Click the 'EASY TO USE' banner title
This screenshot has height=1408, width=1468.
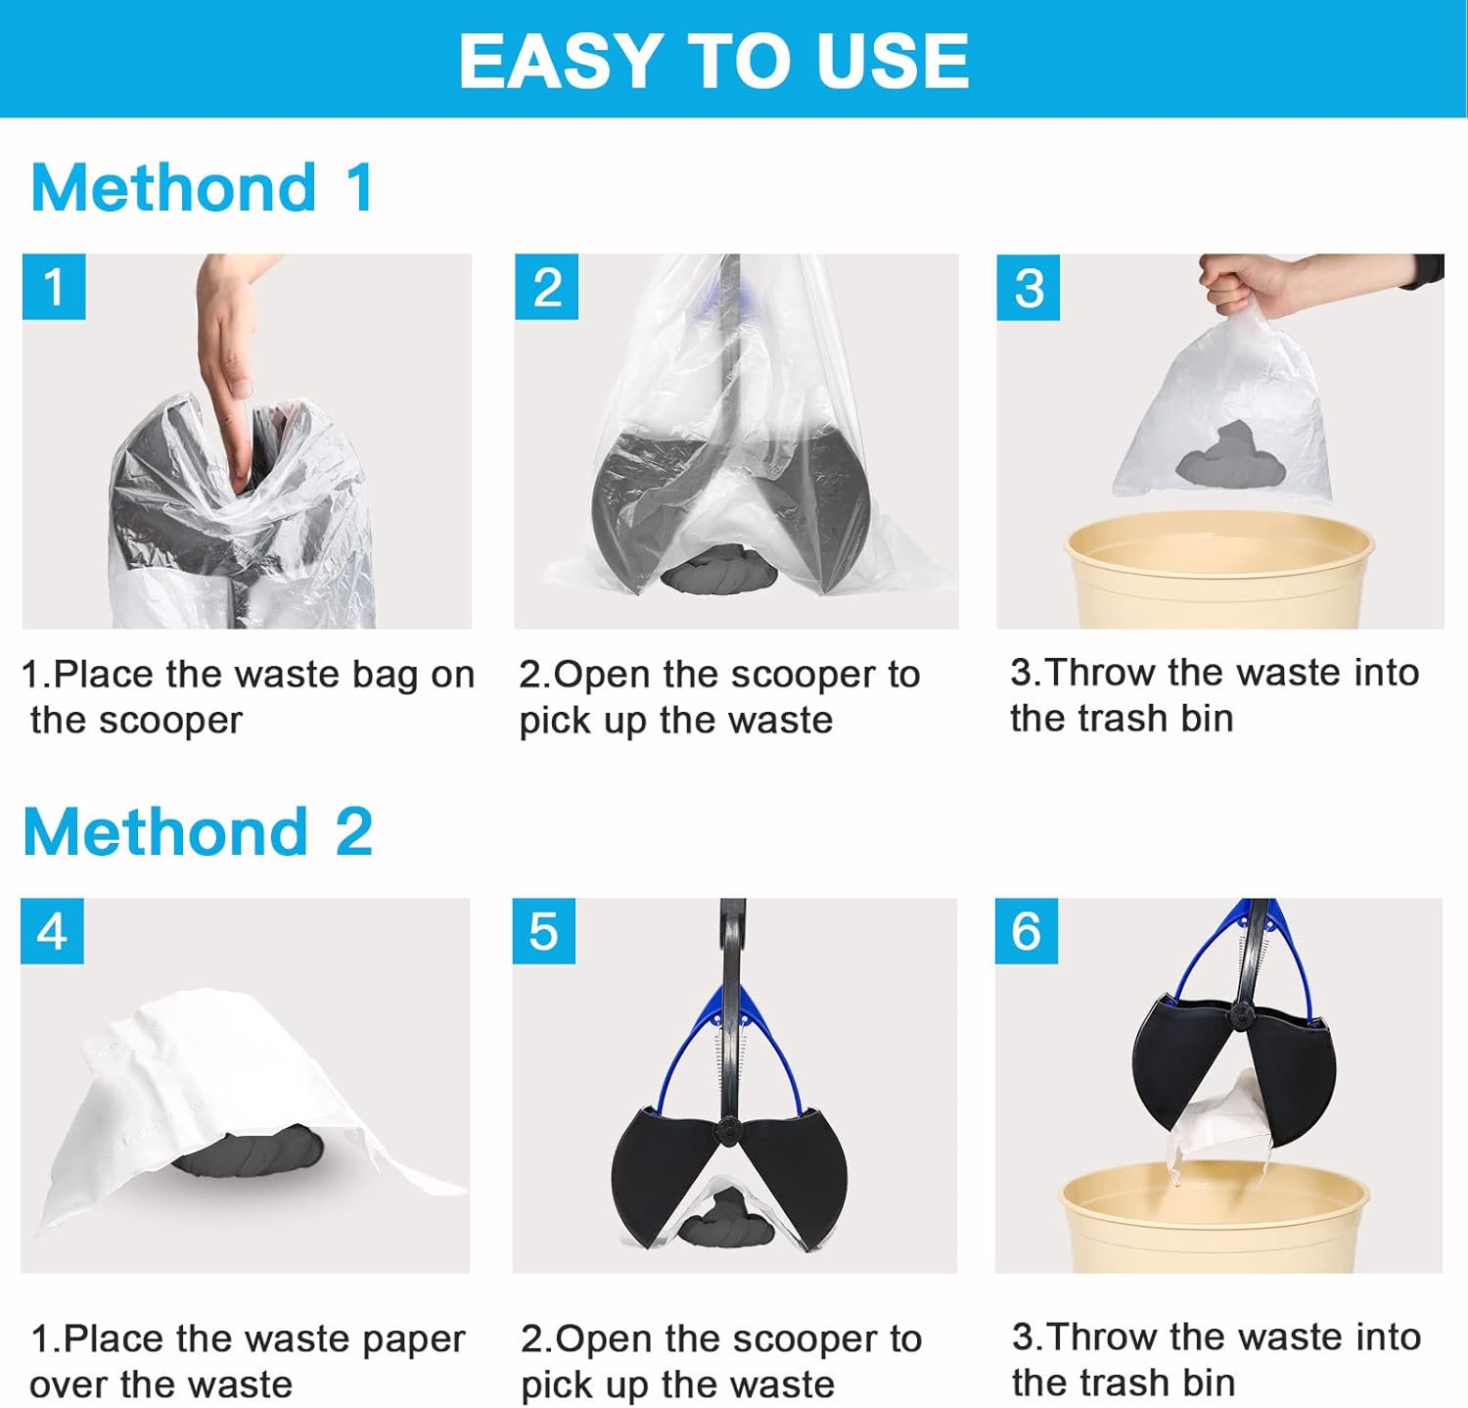(713, 61)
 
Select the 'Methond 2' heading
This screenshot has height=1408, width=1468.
(198, 831)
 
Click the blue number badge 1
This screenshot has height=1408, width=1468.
(54, 287)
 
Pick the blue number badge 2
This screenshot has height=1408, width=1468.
(546, 287)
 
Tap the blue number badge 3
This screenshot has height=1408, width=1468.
(1028, 287)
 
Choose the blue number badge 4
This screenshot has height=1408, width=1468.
(52, 930)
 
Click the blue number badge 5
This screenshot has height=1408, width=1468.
(543, 930)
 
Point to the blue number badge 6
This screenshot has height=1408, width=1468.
(1026, 930)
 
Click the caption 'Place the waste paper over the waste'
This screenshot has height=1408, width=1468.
(247, 1360)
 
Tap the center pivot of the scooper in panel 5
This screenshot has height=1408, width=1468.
(728, 1128)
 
